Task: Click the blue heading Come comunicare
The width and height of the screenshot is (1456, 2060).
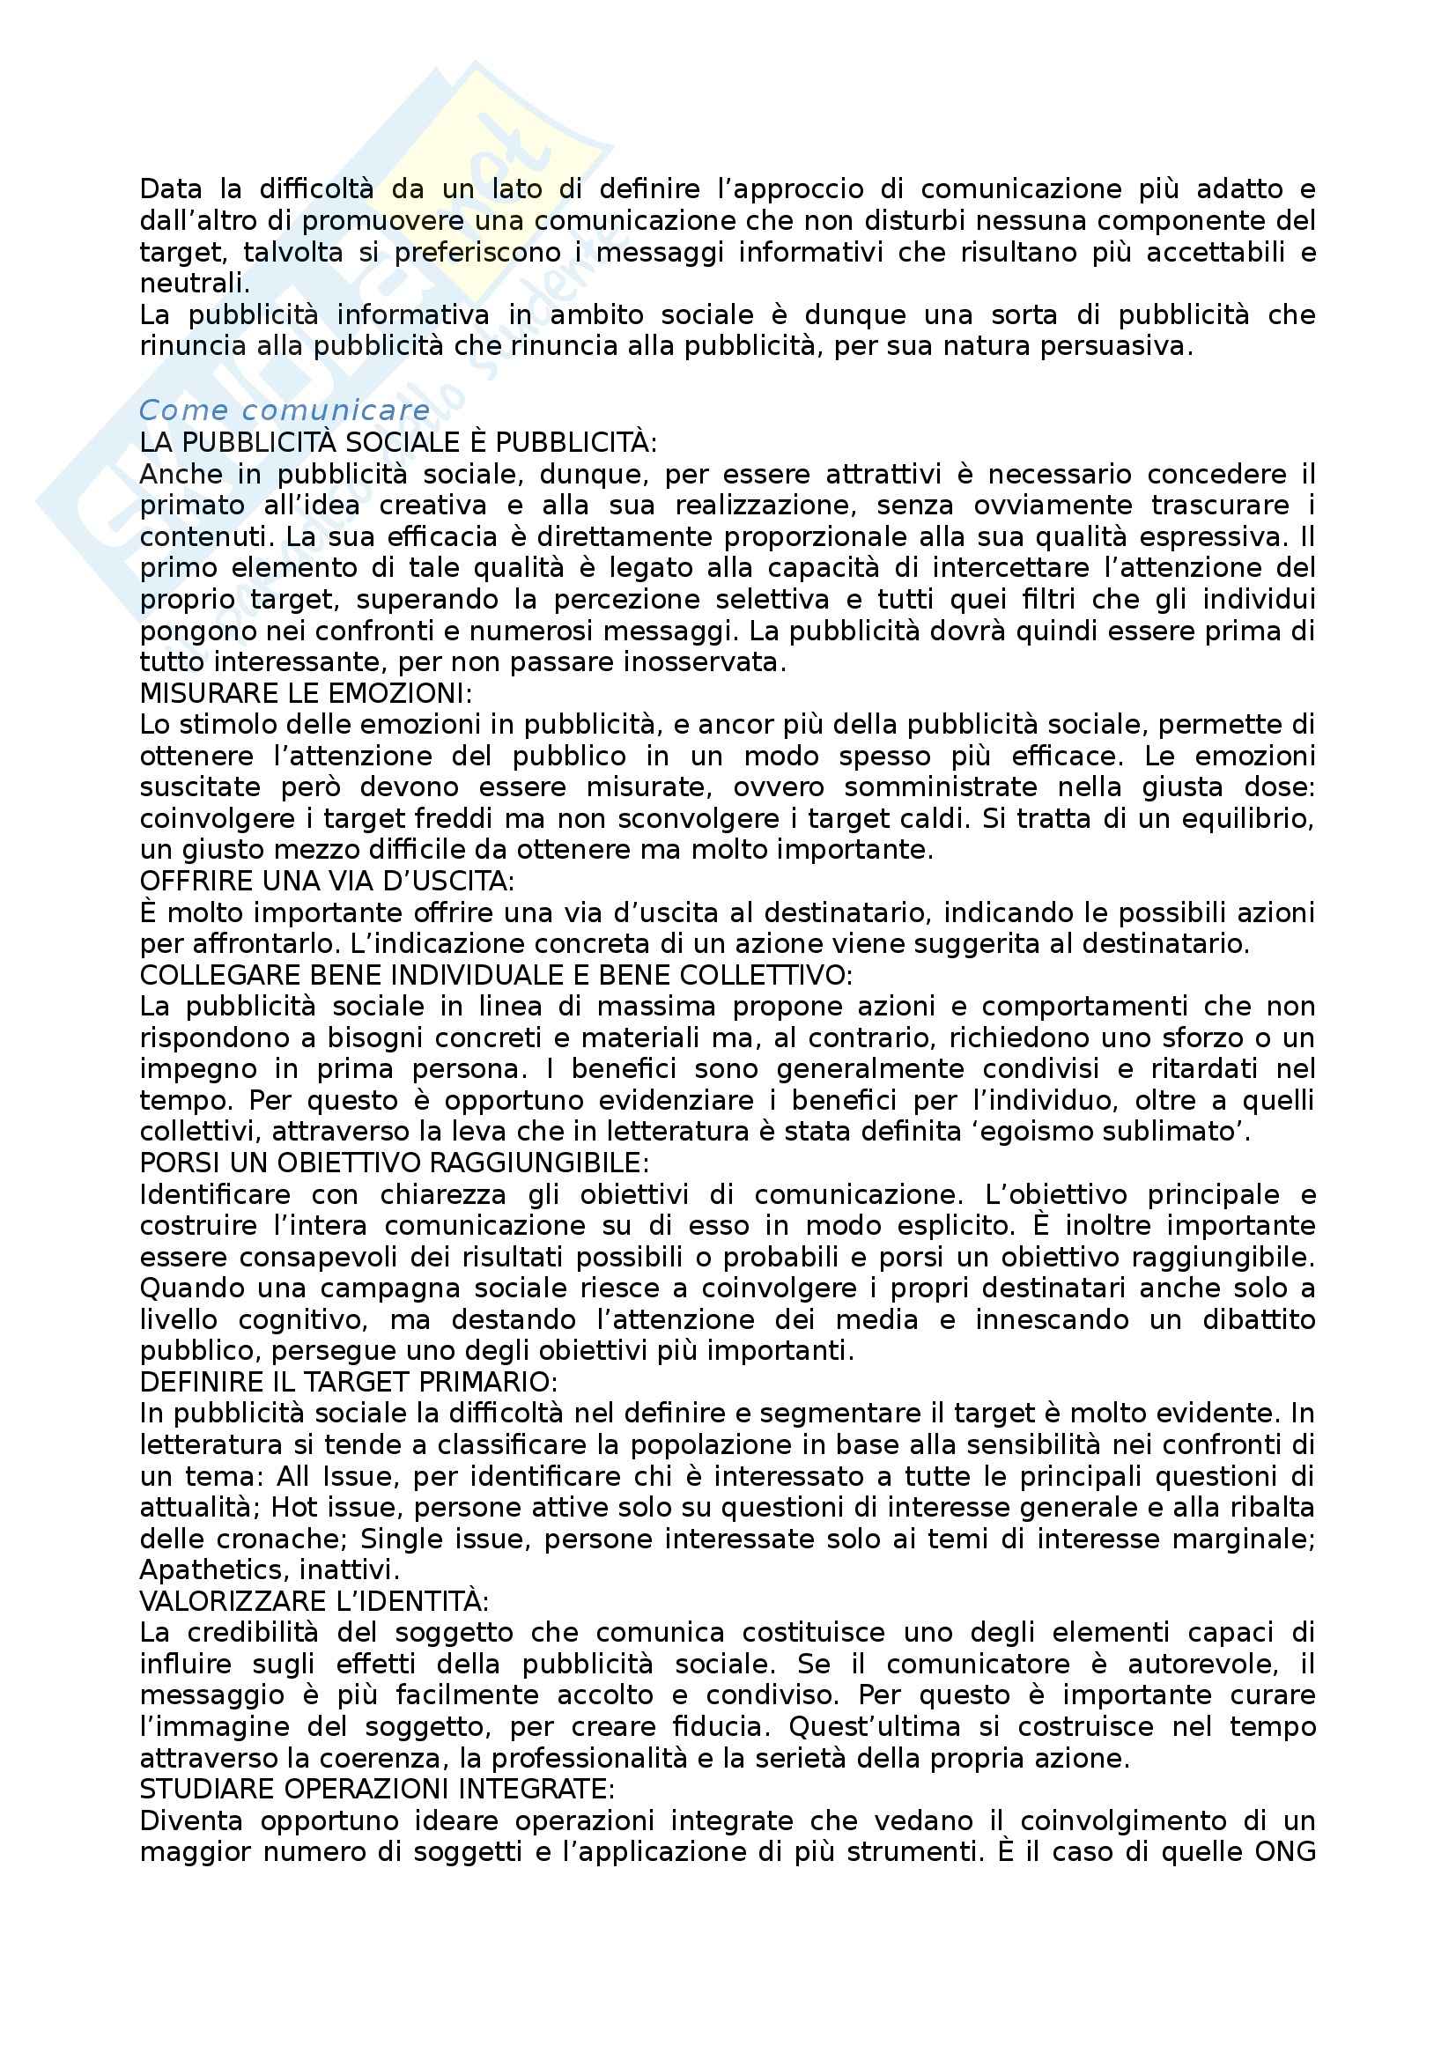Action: click(285, 410)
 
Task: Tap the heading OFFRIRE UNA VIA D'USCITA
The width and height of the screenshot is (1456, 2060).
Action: click(328, 881)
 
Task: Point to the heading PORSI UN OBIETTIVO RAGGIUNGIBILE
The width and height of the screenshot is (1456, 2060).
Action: click(395, 1163)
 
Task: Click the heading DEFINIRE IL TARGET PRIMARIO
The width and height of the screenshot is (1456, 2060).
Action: click(349, 1382)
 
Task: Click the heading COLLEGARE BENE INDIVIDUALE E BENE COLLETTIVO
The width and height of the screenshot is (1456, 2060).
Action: click(496, 974)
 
